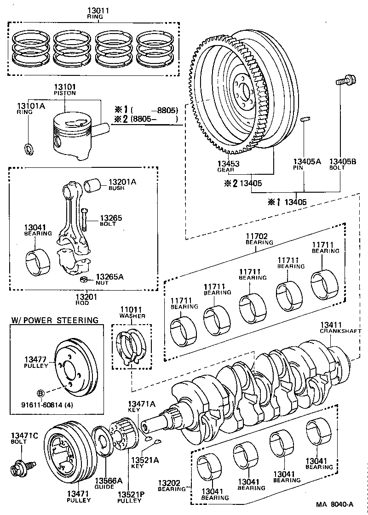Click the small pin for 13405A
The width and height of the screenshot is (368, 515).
(x=304, y=120)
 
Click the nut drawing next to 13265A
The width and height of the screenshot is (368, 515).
(x=84, y=279)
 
